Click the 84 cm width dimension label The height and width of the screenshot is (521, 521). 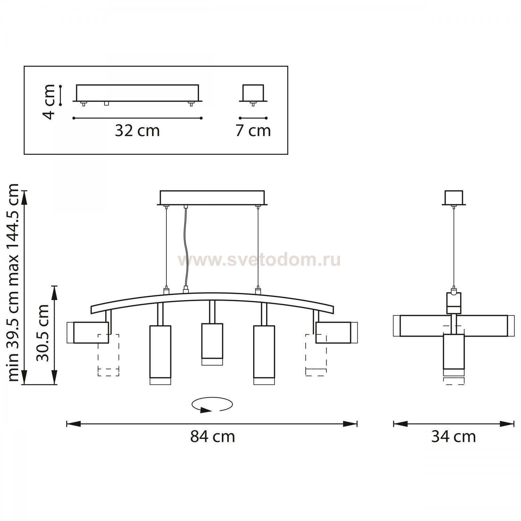212,437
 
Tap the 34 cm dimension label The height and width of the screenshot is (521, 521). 453,437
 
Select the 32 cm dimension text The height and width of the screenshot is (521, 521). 137,131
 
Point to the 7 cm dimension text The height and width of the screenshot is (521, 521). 253,131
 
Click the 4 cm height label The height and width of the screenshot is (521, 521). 49,101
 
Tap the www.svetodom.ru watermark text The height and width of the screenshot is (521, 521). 259,260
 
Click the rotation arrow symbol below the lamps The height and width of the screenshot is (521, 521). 212,405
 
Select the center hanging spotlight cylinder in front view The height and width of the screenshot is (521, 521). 212,344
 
